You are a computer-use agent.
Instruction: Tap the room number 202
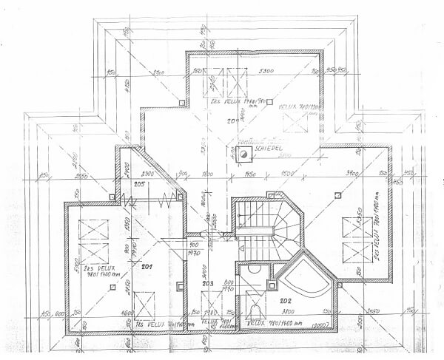(x=286, y=300)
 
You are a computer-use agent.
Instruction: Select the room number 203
(x=208, y=283)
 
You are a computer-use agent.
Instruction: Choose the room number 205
(x=138, y=183)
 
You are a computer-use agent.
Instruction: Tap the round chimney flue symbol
(x=242, y=154)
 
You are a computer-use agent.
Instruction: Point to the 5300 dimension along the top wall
(x=267, y=71)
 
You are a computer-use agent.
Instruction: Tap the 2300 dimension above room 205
(x=148, y=172)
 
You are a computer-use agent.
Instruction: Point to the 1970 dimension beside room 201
(x=195, y=252)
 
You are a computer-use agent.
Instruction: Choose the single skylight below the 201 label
(x=145, y=303)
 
